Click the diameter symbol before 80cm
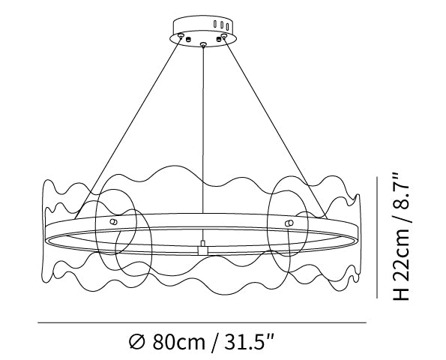(137, 342)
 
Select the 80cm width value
(178, 342)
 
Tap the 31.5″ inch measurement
(249, 341)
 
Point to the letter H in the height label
(401, 294)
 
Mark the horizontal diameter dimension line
(202, 322)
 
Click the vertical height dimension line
(377, 237)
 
